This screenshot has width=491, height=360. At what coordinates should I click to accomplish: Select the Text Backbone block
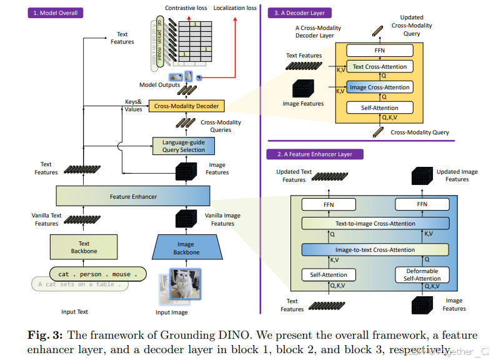84,247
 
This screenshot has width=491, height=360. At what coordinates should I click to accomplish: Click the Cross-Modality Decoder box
186,106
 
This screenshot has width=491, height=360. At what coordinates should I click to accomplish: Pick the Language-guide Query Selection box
184,146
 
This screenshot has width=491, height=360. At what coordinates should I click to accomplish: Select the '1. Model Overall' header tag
56,12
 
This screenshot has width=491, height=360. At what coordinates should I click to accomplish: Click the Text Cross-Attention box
379,67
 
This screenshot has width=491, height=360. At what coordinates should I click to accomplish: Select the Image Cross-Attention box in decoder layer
379,87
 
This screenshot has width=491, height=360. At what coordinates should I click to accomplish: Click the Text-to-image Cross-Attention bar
375,224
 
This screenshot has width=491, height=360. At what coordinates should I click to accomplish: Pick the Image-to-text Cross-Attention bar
375,250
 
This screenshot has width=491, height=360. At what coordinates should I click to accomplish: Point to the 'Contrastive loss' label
186,8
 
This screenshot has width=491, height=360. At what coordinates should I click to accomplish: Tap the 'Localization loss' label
234,8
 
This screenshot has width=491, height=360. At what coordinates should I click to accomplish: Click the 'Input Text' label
74,311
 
